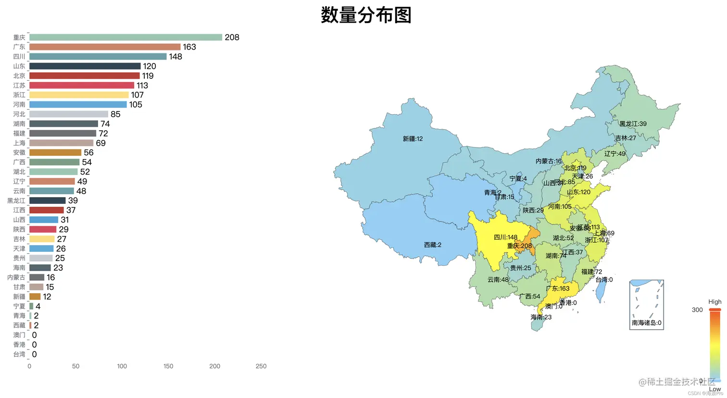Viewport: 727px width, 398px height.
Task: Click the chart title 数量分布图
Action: [366, 15]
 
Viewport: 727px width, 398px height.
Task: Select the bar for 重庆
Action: [125, 37]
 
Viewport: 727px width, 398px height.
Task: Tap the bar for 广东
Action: [105, 47]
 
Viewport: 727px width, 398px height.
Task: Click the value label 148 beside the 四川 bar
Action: [175, 57]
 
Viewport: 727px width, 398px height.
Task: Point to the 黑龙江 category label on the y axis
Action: [16, 200]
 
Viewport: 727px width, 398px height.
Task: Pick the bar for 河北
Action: [69, 114]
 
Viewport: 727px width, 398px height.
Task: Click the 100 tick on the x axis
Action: [122, 366]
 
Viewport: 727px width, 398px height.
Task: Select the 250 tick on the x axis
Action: [261, 366]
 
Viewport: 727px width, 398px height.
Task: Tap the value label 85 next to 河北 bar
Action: [115, 114]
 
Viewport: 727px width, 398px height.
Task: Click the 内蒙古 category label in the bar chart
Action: [16, 277]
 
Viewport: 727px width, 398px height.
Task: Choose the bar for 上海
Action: [61, 143]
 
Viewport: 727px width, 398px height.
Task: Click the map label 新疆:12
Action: [413, 139]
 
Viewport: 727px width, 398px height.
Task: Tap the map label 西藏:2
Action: [432, 245]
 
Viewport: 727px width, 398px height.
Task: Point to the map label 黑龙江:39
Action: [633, 124]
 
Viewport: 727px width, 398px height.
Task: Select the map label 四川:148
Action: [505, 237]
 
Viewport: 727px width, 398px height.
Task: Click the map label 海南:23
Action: [541, 317]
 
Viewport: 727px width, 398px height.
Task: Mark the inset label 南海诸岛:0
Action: [646, 323]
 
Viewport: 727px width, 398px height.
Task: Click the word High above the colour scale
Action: [714, 302]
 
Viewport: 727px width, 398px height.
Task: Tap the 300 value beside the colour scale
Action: [697, 310]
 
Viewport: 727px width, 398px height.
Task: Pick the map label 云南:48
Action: [498, 280]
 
